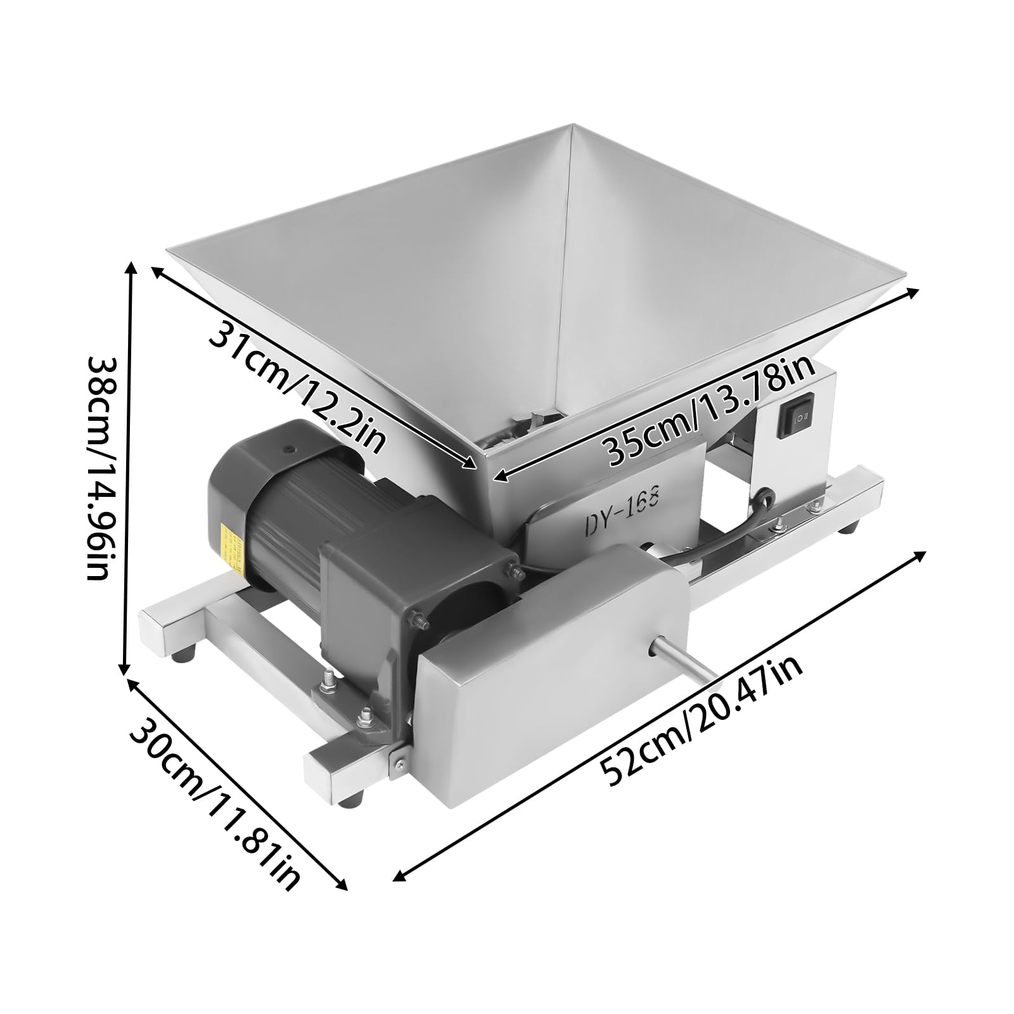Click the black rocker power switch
797,416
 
